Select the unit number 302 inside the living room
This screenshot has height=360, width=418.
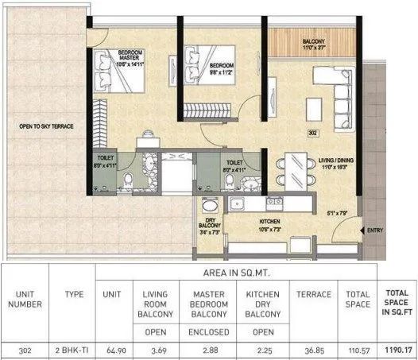(312, 134)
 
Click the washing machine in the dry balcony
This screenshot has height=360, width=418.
(209, 205)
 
